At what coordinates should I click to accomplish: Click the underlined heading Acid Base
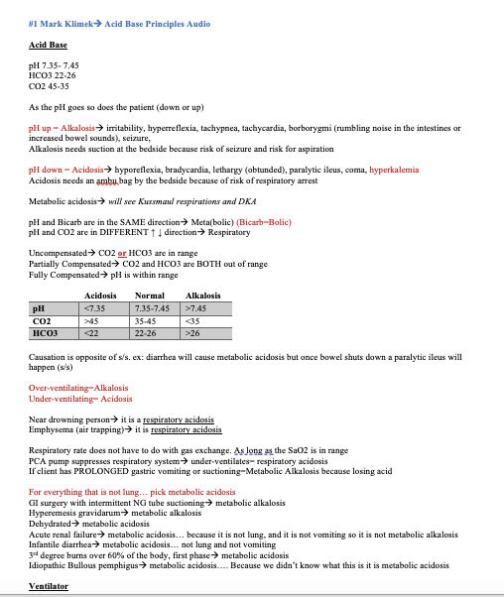tap(46, 46)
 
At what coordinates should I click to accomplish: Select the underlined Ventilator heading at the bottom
tap(49, 587)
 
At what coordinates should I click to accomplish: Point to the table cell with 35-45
tap(146, 321)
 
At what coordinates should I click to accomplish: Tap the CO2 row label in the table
tap(43, 321)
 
